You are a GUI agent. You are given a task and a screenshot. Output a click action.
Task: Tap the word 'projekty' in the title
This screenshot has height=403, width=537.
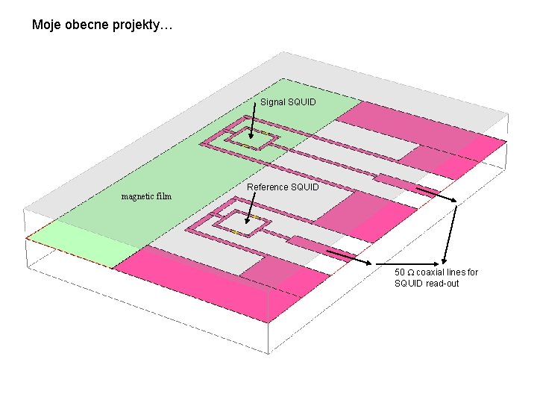click(143, 26)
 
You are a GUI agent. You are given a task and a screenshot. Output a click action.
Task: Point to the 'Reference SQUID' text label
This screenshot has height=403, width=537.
click(283, 187)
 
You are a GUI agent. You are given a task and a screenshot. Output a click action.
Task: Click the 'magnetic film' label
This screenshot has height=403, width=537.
click(146, 197)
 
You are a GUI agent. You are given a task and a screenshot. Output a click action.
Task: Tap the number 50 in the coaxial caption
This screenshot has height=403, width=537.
click(400, 272)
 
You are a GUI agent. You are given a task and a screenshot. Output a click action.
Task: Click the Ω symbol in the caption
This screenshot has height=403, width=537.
click(411, 272)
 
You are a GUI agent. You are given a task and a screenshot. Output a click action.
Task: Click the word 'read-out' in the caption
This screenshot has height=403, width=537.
click(443, 284)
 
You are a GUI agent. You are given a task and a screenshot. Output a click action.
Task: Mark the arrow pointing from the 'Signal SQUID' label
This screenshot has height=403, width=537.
click(254, 123)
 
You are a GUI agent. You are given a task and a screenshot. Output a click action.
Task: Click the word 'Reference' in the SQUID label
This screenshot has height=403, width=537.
click(266, 187)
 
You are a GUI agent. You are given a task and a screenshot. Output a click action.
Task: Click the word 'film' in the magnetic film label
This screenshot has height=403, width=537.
click(163, 197)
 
